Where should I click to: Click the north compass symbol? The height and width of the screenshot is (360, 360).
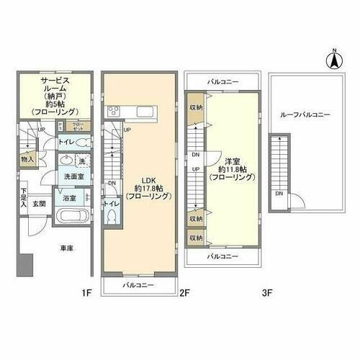(334, 60)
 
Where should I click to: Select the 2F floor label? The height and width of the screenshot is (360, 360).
(184, 293)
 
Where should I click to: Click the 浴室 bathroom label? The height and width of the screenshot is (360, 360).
(70, 196)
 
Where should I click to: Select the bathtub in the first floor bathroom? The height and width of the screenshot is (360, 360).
(71, 216)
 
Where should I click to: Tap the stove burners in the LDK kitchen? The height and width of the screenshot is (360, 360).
(114, 111)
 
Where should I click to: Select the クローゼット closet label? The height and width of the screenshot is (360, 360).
(82, 125)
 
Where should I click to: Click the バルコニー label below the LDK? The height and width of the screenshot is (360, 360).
(138, 286)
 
